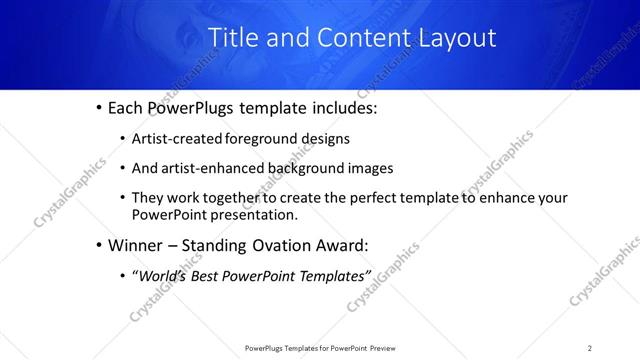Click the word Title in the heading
pyautogui.click(x=233, y=38)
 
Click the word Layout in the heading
pyautogui.click(x=452, y=38)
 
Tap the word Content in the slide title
pyautogui.click(x=359, y=38)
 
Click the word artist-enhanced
pyautogui.click(x=212, y=168)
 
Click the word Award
pyautogui.click(x=346, y=244)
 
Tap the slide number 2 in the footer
pyautogui.click(x=589, y=348)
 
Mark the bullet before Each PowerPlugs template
pyautogui.click(x=99, y=107)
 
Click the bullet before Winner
pyautogui.click(x=99, y=244)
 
